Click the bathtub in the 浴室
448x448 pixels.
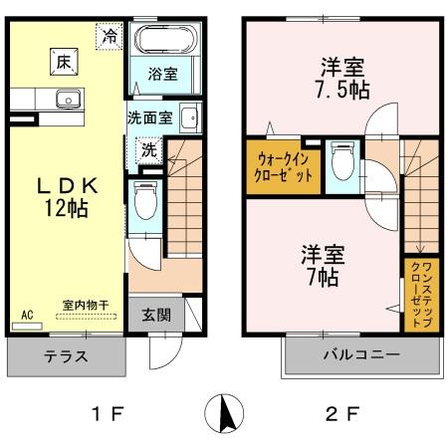(167, 43)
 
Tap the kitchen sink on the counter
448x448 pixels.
(68, 99)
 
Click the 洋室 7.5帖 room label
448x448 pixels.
(341, 78)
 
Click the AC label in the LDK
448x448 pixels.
(27, 315)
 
